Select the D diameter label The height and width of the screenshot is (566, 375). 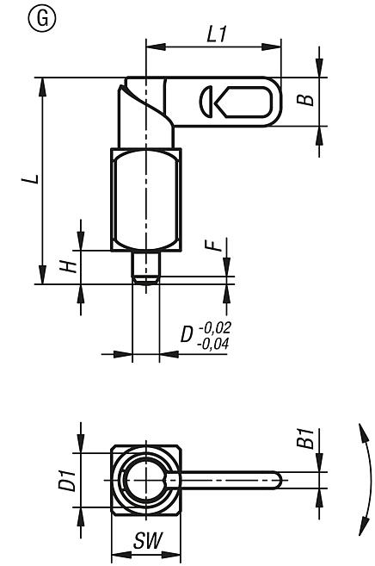(x=187, y=334)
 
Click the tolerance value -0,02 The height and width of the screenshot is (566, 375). (x=215, y=328)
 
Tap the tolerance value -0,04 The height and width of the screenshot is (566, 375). (x=215, y=343)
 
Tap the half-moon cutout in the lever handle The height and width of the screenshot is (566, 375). (x=206, y=101)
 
